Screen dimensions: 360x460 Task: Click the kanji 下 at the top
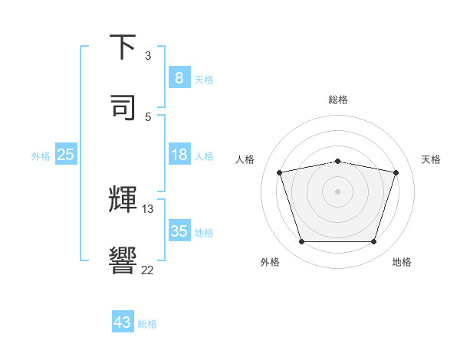123,47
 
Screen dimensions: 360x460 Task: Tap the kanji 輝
123,198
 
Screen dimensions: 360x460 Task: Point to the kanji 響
123,259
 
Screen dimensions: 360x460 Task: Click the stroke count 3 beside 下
148,56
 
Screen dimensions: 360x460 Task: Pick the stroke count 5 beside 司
148,116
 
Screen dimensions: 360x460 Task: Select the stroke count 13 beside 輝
148,208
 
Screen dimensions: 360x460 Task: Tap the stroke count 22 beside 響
148,270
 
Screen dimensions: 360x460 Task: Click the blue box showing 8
179,77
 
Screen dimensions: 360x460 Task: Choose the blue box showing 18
179,155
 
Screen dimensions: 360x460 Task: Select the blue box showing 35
179,231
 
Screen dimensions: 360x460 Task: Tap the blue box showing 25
65,155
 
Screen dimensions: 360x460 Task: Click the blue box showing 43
123,322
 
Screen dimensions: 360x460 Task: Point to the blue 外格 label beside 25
41,156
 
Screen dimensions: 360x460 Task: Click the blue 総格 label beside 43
147,324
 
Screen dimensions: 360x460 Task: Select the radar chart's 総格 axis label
338,100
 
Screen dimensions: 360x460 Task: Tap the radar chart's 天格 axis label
431,159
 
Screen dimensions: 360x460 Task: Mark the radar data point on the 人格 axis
280,173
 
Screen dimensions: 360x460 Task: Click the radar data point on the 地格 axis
373,242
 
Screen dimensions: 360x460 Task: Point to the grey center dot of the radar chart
338,191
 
